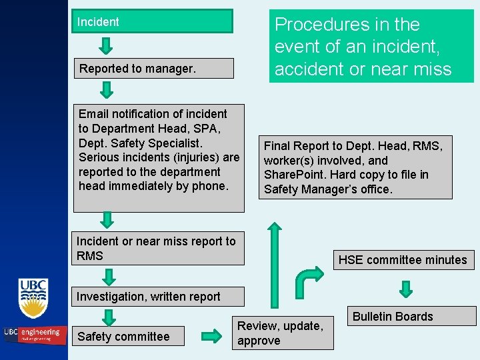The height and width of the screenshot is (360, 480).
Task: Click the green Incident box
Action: pos(153,21)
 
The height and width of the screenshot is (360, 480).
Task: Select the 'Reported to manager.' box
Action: pos(153,68)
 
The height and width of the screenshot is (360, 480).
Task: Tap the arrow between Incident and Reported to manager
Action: pos(107,46)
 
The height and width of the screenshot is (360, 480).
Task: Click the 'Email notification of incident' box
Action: pos(159,157)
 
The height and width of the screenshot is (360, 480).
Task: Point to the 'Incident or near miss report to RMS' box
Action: pos(159,248)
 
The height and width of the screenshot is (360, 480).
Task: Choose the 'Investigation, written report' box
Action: pos(159,297)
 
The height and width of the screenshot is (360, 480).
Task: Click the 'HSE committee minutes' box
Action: pos(403,259)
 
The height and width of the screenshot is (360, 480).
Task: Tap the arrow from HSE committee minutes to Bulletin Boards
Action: pos(405,288)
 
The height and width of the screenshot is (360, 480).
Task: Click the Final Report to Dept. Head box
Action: pos(353,167)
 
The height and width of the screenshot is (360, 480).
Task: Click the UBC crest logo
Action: pos(33,299)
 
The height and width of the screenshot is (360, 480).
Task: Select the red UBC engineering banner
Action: pos(33,333)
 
